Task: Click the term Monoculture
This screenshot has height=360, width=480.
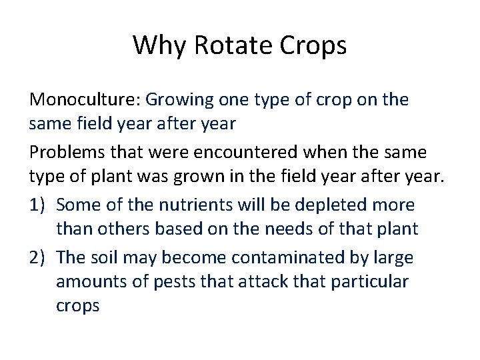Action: pyautogui.click(x=82, y=101)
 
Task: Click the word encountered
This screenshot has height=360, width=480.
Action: pyautogui.click(x=237, y=153)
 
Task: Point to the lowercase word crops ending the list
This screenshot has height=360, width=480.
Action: pyautogui.click(x=77, y=307)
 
